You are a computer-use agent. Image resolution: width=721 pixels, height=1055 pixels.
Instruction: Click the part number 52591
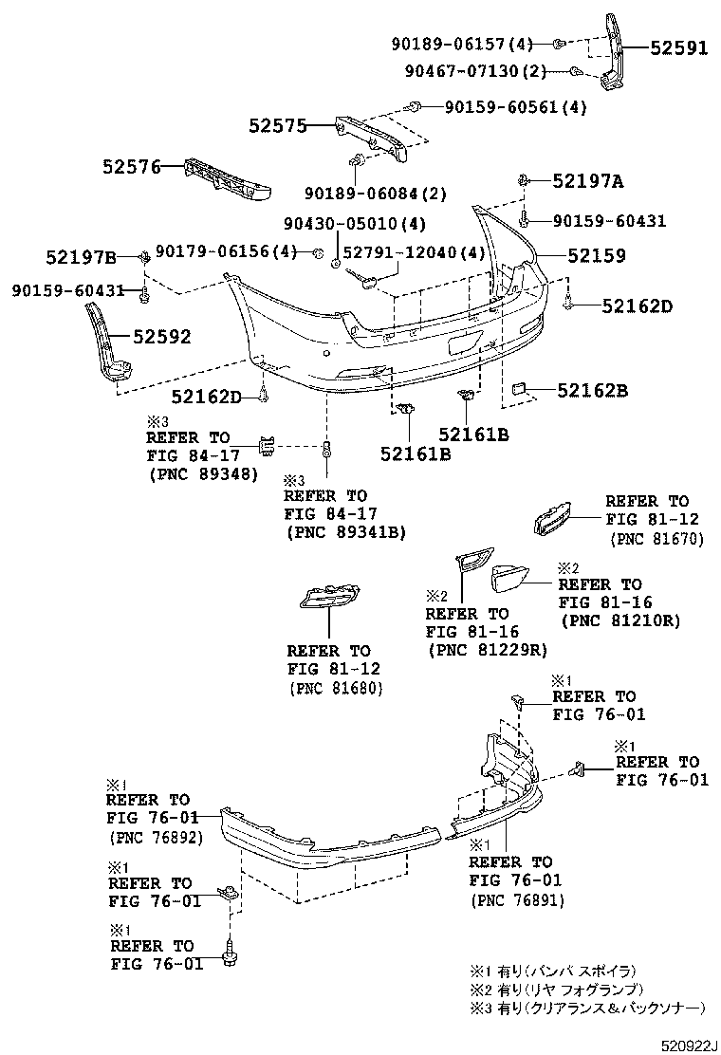(x=678, y=49)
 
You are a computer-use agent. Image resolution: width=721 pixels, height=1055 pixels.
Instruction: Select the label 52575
(x=278, y=125)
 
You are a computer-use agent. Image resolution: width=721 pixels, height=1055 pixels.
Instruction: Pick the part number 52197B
(x=81, y=257)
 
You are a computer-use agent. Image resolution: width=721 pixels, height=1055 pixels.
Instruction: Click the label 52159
(x=597, y=255)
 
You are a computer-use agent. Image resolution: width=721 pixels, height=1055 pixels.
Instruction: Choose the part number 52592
(x=161, y=336)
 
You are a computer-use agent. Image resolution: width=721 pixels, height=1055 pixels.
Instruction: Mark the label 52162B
(x=592, y=390)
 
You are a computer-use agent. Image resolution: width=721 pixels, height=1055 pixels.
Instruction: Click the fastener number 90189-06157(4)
(x=463, y=44)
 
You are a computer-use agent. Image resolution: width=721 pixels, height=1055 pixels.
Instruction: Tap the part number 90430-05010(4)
(x=355, y=225)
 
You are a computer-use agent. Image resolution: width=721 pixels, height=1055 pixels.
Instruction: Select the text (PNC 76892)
(x=156, y=837)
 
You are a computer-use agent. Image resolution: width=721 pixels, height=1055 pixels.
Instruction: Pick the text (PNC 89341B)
(x=345, y=533)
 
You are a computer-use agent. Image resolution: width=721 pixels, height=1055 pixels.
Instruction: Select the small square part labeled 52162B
(x=519, y=388)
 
